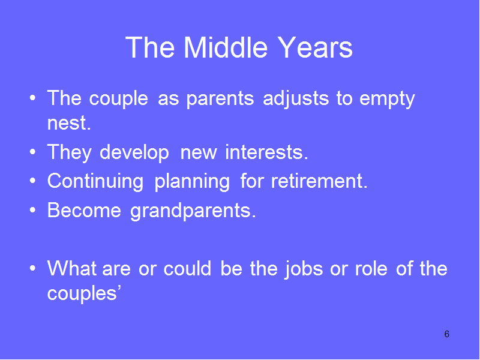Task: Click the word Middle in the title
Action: (x=226, y=47)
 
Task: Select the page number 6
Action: (x=446, y=334)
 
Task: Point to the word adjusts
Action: (x=296, y=99)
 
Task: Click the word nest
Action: (x=69, y=123)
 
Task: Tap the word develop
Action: (x=134, y=152)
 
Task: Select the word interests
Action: (x=266, y=152)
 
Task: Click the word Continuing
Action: (x=95, y=181)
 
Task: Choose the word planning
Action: (x=192, y=182)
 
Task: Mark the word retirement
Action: (x=319, y=181)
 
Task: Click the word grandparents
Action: (x=193, y=211)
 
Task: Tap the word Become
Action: (x=84, y=210)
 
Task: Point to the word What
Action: (x=72, y=268)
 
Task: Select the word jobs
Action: (x=304, y=269)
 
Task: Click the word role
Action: (x=371, y=268)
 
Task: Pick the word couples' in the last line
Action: (x=84, y=293)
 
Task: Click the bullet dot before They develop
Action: (x=33, y=152)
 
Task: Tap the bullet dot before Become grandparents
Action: (x=33, y=210)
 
